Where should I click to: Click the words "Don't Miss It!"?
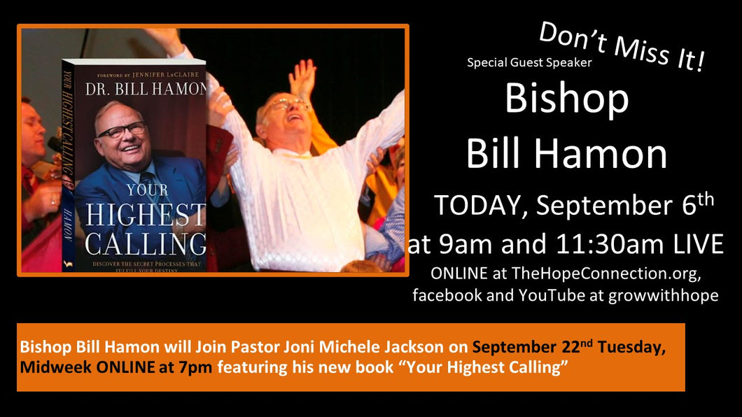coord(622,46)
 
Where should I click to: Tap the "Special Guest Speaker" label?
coord(529,62)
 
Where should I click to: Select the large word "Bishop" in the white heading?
coord(567,99)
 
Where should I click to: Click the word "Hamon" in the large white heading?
coord(601,154)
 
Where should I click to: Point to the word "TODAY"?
coord(480,206)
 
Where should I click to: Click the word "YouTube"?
coord(552,295)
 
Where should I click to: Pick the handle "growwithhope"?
coord(663,296)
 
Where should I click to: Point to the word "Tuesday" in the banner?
coord(631,348)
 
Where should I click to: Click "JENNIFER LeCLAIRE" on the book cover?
coord(166,75)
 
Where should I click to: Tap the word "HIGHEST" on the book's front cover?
coord(146,215)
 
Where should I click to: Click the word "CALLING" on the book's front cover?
coord(146,244)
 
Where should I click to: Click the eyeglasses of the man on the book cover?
coord(122,130)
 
